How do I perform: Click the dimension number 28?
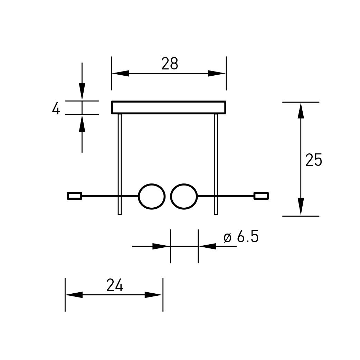(x=170, y=64)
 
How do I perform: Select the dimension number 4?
(x=56, y=108)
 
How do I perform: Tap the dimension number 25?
(x=314, y=160)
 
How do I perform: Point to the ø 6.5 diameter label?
(x=241, y=236)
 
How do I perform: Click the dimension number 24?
(x=115, y=285)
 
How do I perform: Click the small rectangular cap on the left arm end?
(x=74, y=196)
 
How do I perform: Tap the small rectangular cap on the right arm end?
(x=261, y=196)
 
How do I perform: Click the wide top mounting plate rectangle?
(x=169, y=102)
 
